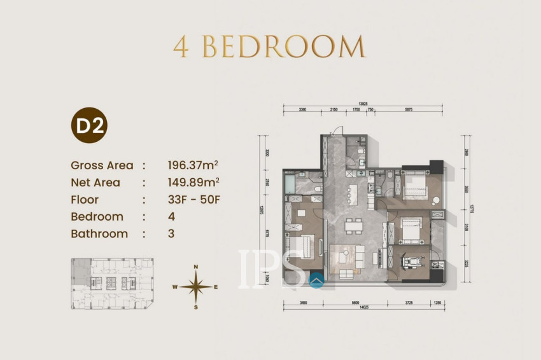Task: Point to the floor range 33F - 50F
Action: [193, 200]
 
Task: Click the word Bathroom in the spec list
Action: [99, 233]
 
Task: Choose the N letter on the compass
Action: [196, 267]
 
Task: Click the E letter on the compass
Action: [216, 287]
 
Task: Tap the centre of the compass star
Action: [196, 287]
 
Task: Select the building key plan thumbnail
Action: [113, 284]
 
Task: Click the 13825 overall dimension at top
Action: [363, 102]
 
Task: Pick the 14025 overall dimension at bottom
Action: [364, 307]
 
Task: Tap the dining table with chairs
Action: [352, 226]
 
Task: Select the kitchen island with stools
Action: [354, 191]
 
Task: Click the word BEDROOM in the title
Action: [284, 47]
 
